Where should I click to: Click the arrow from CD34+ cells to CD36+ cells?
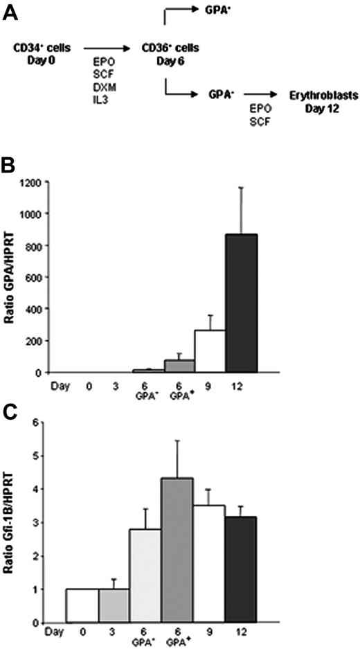(x=103, y=49)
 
